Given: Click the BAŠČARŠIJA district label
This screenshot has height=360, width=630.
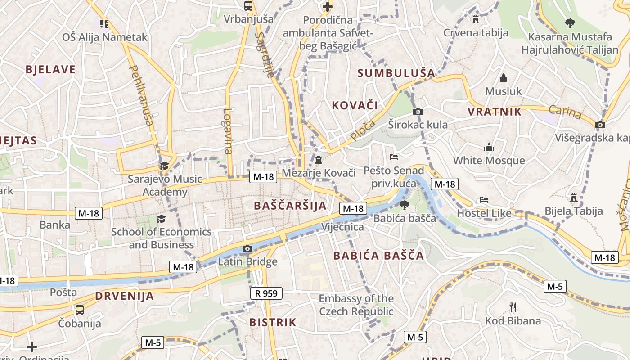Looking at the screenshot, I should click(290, 206).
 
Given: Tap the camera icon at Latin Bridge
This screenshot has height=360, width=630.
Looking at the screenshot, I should click(247, 248).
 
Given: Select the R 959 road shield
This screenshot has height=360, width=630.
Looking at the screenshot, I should click(266, 293).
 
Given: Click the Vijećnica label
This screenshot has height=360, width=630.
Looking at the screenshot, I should click(342, 227).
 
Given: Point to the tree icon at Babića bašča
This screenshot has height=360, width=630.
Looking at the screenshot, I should click(404, 205).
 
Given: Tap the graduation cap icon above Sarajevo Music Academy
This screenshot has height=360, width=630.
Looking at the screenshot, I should click(164, 166).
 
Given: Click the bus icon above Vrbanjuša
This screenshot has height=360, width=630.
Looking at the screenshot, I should click(248, 6).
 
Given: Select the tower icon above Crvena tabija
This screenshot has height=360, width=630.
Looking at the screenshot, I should click(475, 19).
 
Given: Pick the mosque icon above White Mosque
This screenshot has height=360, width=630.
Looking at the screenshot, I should click(489, 147).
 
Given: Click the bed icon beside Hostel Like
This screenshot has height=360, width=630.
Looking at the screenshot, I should click(484, 199).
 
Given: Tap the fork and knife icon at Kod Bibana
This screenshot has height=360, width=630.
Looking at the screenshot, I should click(513, 307).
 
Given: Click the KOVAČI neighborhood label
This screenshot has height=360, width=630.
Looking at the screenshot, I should click(355, 106).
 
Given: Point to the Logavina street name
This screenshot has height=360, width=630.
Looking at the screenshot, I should click(228, 131).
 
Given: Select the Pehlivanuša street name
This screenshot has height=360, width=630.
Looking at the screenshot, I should click(141, 95).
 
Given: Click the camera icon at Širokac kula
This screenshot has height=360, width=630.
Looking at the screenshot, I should click(418, 112).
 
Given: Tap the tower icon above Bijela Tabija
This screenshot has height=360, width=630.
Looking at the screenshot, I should click(573, 197).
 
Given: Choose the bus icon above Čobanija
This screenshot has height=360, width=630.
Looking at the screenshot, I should click(79, 310).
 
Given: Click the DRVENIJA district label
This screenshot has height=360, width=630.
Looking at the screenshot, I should click(124, 296).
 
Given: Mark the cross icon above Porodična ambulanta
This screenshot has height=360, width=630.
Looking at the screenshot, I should click(327, 7).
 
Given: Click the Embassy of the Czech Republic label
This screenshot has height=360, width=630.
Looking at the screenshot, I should click(356, 305).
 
